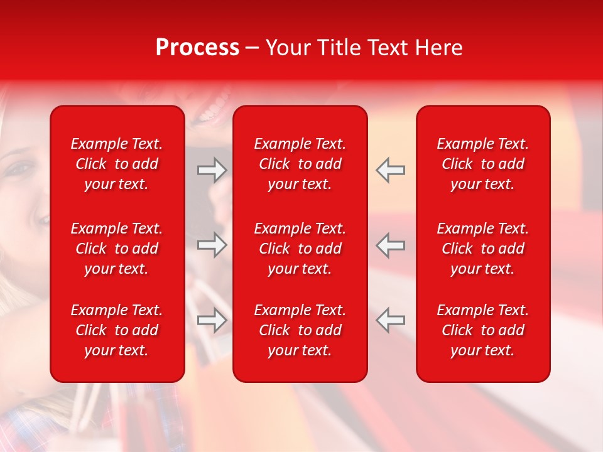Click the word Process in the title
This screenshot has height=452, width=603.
[197, 48]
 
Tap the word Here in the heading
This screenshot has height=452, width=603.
[438, 48]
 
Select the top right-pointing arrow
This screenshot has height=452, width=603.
[212, 170]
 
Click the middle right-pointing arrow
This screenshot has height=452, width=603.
[212, 245]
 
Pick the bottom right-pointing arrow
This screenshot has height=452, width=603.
[212, 320]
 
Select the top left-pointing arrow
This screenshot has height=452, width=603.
[391, 170]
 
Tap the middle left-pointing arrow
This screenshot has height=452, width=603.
[391, 245]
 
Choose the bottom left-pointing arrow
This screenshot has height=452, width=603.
[391, 320]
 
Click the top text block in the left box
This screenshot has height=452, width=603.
[117, 164]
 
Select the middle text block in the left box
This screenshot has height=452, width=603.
[117, 249]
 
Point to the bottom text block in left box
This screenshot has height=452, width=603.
[117, 330]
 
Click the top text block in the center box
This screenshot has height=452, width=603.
[300, 164]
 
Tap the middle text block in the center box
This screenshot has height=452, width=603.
[300, 249]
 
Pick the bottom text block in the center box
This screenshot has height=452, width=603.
[300, 330]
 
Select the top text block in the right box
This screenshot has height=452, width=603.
[483, 164]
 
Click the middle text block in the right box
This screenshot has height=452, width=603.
[483, 249]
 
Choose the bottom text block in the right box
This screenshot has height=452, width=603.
[483, 330]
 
